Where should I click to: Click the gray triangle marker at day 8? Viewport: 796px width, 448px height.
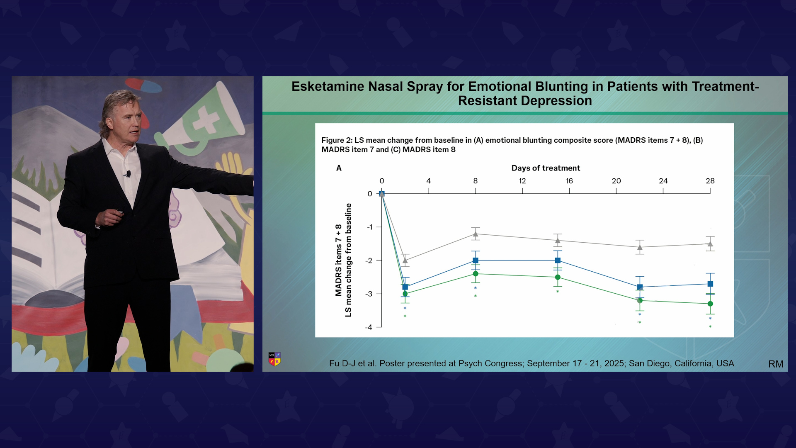coord(476,234)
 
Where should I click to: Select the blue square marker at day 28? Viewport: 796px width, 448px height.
coord(710,284)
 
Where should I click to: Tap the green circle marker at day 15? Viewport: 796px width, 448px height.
coord(558,277)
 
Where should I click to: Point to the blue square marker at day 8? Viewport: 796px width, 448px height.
coord(476,261)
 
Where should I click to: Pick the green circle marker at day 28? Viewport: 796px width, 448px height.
coord(710,304)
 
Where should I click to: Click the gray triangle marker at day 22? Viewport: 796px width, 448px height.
coord(640,247)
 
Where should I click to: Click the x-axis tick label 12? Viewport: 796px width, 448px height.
coord(522,181)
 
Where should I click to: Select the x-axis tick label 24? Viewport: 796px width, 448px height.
coord(663,181)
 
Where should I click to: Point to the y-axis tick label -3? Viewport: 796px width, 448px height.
coord(369,294)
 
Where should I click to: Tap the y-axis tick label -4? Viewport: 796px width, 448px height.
coord(369,327)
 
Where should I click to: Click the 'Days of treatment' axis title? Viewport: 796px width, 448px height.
coord(546,168)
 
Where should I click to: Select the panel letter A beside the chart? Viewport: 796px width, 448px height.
coord(339,168)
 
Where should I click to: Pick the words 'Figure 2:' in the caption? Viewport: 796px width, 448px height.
coord(337,140)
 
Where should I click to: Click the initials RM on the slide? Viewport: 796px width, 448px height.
coord(776,364)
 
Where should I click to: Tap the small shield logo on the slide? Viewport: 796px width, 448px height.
coord(274,359)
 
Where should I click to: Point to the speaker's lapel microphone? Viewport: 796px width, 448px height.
coord(128,174)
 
